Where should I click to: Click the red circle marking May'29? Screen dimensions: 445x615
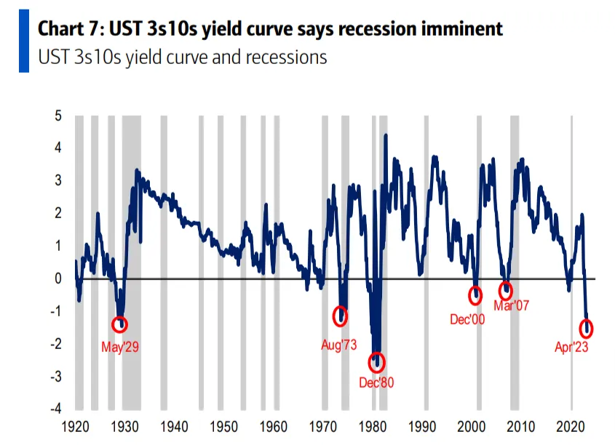click(120, 324)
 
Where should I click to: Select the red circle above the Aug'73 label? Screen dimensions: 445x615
click(339, 316)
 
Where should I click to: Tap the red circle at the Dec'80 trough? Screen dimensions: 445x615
click(376, 362)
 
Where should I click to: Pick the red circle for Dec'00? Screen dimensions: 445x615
click(475, 295)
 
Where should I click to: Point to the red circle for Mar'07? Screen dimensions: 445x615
click(506, 291)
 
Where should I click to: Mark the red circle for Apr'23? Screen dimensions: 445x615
click(586, 329)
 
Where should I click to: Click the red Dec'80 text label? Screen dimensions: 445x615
click(376, 382)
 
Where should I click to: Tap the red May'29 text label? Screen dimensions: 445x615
click(120, 347)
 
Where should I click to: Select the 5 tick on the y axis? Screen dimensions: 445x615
click(58, 116)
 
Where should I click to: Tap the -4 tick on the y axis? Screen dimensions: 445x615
click(56, 409)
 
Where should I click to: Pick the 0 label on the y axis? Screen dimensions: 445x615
click(58, 278)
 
